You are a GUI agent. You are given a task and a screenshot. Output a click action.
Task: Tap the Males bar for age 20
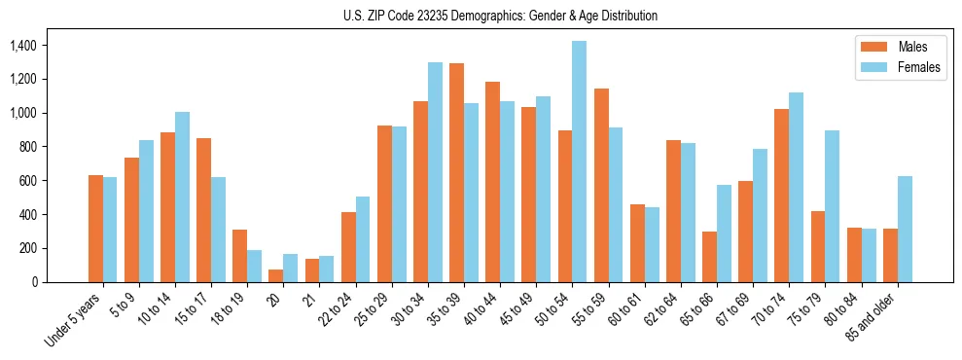tap(276, 275)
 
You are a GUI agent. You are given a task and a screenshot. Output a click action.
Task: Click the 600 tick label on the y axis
tap(26, 181)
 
